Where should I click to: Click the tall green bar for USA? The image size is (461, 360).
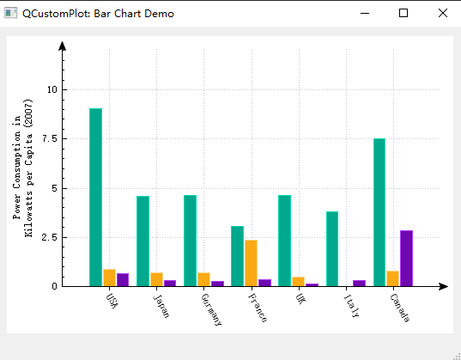(95, 197)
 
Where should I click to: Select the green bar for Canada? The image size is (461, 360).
(379, 211)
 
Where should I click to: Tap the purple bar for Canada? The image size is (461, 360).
(406, 258)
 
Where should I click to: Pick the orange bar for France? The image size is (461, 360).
(251, 263)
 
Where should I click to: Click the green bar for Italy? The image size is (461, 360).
(332, 248)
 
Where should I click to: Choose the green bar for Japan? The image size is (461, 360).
(143, 241)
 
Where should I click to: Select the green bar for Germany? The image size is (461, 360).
(190, 241)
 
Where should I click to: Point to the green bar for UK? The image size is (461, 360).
(284, 241)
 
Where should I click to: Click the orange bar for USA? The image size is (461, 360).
(109, 278)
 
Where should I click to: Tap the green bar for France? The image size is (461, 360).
(237, 256)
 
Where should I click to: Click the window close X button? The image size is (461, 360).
(442, 13)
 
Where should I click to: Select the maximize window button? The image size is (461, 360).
(403, 13)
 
